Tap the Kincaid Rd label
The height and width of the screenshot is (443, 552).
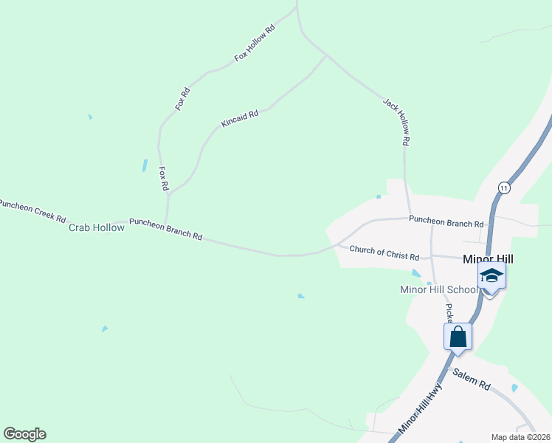[x=240, y=119]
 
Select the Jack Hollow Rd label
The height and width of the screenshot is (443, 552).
[x=396, y=120]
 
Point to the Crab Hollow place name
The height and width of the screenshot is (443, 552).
[x=97, y=227]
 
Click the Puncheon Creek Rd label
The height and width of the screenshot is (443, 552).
[x=32, y=211]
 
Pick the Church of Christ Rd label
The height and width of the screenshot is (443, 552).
[x=384, y=253]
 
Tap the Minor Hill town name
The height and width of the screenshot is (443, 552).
[x=488, y=258]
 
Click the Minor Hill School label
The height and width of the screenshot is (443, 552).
[x=438, y=289]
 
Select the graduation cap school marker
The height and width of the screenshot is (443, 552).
[x=491, y=277]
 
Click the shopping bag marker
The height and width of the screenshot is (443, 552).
[x=458, y=337]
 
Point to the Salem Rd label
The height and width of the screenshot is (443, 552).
[x=472, y=380]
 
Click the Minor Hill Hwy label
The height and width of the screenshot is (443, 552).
[x=420, y=407]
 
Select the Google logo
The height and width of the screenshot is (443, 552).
[x=24, y=434]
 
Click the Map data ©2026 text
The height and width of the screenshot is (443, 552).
[x=520, y=437]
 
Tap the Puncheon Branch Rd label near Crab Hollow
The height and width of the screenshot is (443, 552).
[x=166, y=228]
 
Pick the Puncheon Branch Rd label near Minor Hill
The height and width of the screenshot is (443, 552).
[x=446, y=220]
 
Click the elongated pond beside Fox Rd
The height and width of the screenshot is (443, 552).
[x=145, y=166]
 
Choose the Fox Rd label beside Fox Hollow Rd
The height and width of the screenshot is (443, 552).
[x=183, y=99]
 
